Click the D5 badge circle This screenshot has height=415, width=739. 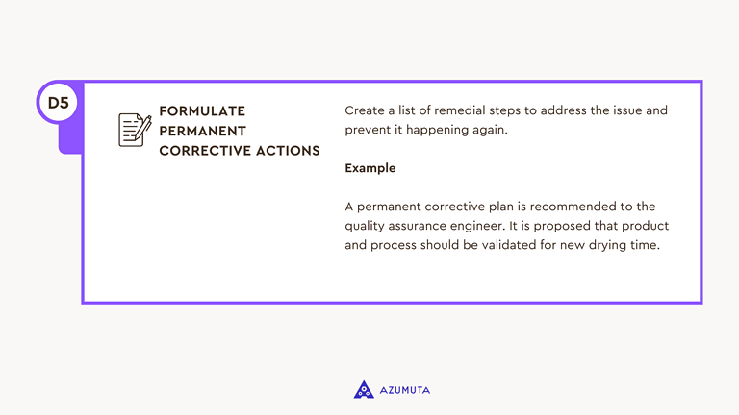(x=58, y=103)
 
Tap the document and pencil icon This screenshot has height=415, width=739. (x=135, y=130)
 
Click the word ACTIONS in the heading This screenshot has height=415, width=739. (x=289, y=151)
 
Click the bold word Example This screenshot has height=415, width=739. (x=369, y=168)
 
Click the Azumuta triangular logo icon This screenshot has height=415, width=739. (x=364, y=389)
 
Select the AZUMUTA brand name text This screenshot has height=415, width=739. (x=404, y=390)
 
